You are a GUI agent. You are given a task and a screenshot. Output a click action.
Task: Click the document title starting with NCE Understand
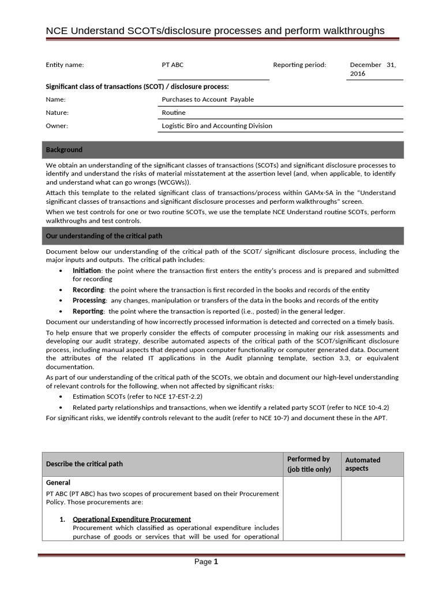215,31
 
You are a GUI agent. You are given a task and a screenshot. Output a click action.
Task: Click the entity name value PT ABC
172,65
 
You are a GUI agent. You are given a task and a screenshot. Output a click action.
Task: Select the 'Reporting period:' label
299,65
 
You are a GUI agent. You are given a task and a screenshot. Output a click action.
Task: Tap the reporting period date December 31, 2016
373,69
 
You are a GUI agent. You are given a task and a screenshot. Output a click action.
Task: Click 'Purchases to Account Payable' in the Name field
208,99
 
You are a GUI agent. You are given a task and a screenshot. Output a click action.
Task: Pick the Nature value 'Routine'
174,113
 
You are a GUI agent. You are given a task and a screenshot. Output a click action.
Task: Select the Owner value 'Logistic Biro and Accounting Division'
217,126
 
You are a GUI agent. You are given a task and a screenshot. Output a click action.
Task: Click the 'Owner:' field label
57,126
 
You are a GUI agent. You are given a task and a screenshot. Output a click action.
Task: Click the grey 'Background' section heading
64,150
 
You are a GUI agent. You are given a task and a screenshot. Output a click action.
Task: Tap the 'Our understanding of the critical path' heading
104,235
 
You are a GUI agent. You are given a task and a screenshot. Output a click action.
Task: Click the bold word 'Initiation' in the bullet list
87,271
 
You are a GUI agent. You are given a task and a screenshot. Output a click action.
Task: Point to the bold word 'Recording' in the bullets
88,290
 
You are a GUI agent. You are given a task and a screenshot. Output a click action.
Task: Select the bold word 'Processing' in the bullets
89,301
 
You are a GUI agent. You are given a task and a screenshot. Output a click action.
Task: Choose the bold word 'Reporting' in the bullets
88,311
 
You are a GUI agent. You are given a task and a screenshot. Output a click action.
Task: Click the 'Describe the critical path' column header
84,464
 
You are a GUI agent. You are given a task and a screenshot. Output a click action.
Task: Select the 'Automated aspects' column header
362,464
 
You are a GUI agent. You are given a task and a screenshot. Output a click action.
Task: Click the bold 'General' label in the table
58,482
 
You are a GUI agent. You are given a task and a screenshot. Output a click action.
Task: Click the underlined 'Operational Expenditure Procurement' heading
132,519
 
